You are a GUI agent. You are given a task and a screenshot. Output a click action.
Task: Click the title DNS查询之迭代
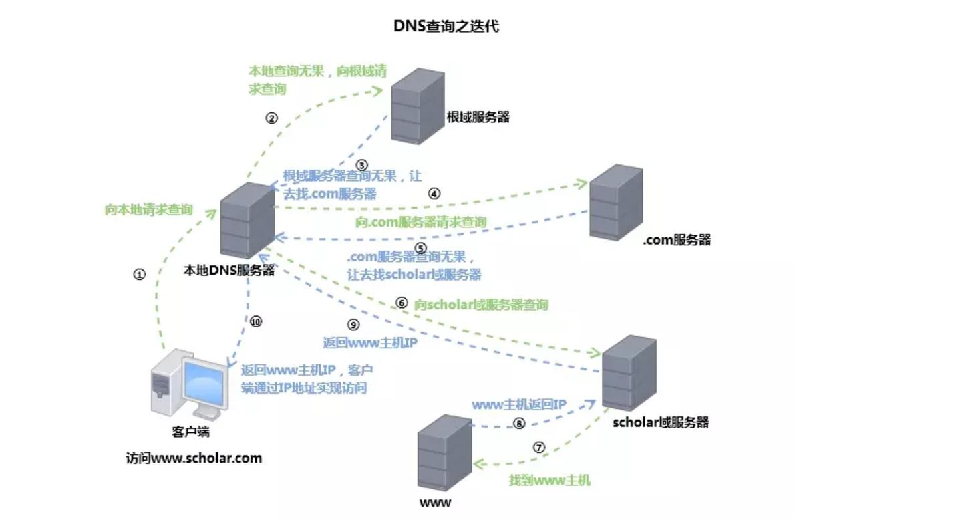click(x=446, y=27)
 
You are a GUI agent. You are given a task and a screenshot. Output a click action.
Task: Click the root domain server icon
click(x=418, y=105)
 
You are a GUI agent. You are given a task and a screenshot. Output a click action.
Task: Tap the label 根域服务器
click(x=478, y=118)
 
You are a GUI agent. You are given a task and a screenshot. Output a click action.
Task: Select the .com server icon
click(x=616, y=201)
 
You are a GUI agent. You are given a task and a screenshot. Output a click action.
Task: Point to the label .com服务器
click(x=677, y=240)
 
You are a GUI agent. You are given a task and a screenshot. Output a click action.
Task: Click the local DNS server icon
click(x=247, y=220)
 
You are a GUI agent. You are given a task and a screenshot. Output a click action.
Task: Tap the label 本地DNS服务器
click(x=229, y=271)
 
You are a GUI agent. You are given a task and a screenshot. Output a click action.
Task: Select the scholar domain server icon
click(x=629, y=372)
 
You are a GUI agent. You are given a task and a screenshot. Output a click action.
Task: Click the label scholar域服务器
click(x=660, y=422)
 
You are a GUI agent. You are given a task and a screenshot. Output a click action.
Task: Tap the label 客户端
click(x=191, y=432)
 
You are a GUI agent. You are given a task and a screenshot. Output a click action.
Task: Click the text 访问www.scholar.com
click(x=194, y=458)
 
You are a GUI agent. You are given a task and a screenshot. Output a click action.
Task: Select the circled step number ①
click(x=139, y=275)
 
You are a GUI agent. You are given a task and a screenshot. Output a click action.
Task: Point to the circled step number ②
click(x=271, y=118)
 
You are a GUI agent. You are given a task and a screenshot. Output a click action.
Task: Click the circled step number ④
click(x=434, y=194)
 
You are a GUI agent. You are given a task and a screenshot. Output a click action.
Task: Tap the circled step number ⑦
click(x=539, y=448)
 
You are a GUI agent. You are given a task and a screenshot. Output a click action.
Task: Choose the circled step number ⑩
click(x=256, y=321)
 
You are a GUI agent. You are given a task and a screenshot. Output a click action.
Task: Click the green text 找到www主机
click(x=549, y=480)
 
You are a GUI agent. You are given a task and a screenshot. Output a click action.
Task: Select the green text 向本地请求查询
click(x=148, y=210)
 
